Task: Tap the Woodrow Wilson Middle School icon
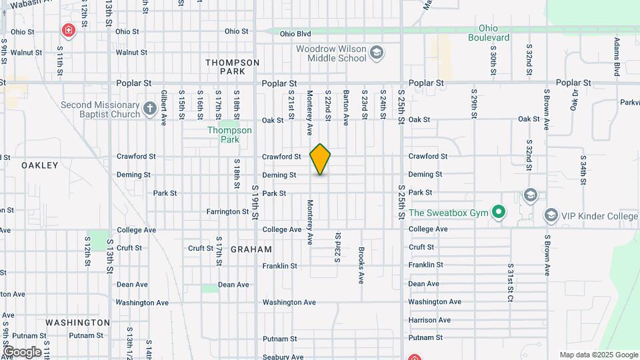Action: coord(377,52)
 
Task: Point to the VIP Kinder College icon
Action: coord(551,215)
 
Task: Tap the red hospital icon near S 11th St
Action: coord(68,30)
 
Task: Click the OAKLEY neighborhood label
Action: coord(40,165)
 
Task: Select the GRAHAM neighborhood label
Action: coord(251,249)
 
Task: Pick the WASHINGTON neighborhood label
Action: coord(77,323)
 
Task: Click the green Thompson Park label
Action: coord(229,135)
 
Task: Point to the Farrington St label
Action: coord(227,211)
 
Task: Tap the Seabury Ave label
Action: coord(283,357)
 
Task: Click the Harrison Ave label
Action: coord(430,320)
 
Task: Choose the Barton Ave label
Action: coord(346,107)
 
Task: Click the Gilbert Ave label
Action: coord(164,107)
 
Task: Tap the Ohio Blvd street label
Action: coord(295,33)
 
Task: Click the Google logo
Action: coord(22,352)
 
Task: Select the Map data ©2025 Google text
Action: coord(599,355)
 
